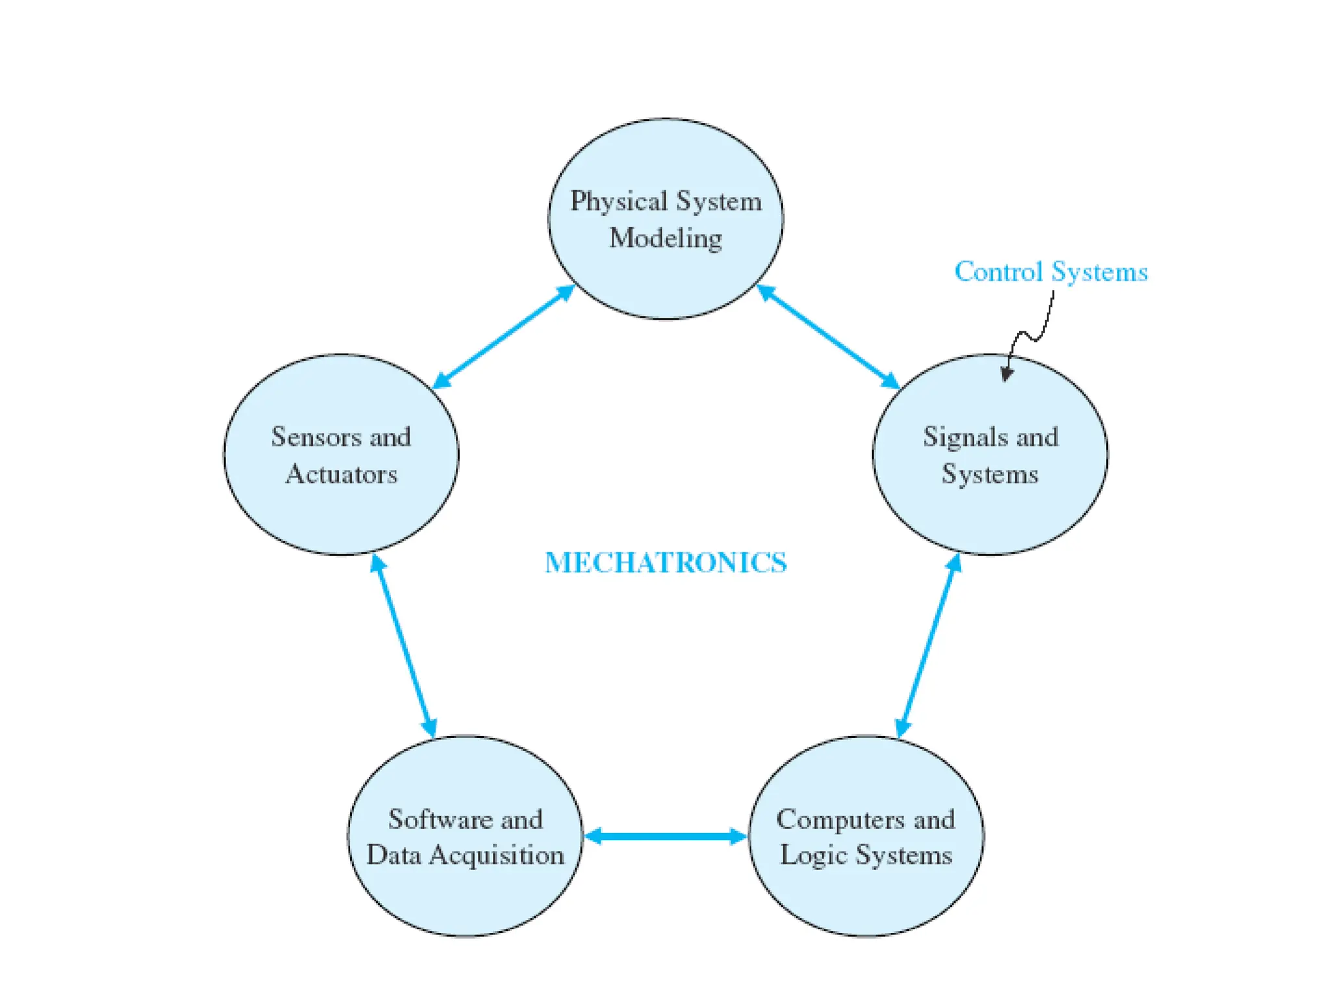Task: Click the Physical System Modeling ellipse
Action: tap(665, 279)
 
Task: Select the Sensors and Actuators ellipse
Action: tap(341, 513)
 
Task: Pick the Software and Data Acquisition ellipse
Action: tap(465, 897)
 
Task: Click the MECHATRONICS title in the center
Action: tap(666, 563)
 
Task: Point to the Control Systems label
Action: tap(1051, 272)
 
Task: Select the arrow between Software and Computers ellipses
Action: tap(666, 836)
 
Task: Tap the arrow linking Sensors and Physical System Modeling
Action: tap(503, 337)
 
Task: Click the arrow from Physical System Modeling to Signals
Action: tap(828, 337)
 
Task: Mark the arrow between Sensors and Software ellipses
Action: tap(403, 646)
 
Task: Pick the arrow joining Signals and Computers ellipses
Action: tap(928, 646)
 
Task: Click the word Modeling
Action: tap(666, 238)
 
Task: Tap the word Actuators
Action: tap(341, 474)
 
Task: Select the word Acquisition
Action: tap(497, 855)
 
